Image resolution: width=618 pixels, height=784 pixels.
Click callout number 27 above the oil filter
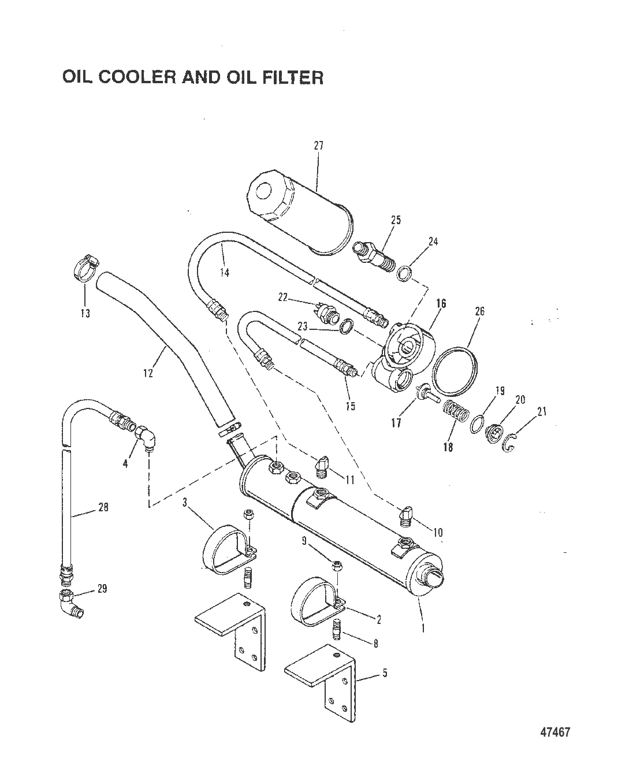[x=319, y=146]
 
